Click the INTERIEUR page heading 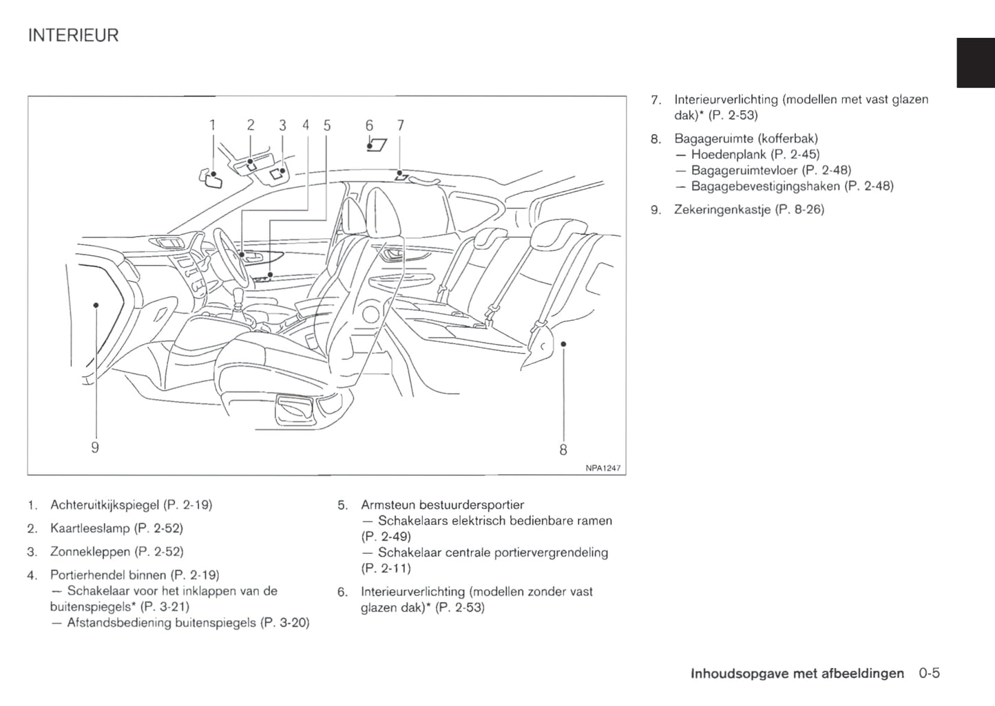point(73,35)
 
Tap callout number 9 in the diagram point(95,448)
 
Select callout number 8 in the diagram point(563,450)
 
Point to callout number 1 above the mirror point(213,125)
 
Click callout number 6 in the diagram point(369,125)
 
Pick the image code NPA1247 point(603,468)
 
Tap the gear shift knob point(240,296)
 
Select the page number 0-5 point(929,673)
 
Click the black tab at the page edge point(976,63)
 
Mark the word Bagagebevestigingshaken point(766,186)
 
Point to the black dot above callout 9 point(96,305)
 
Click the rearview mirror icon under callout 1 point(211,180)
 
